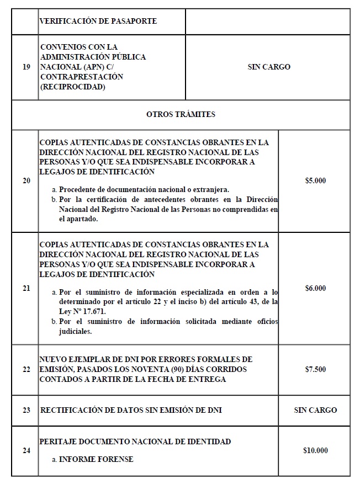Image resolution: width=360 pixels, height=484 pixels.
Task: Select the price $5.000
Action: tap(315, 180)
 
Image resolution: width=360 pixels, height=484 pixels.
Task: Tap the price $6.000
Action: tap(315, 288)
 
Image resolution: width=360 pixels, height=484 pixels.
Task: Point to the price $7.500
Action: tap(315, 369)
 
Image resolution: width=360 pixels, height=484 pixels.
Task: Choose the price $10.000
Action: tap(315, 450)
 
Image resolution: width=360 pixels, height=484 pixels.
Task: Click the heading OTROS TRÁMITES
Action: tap(181, 115)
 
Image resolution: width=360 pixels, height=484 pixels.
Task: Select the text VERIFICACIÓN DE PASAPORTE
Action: tap(98, 22)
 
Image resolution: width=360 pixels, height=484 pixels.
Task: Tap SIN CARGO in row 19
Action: tap(269, 67)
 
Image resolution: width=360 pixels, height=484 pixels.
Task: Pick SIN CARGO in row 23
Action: tap(315, 410)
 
